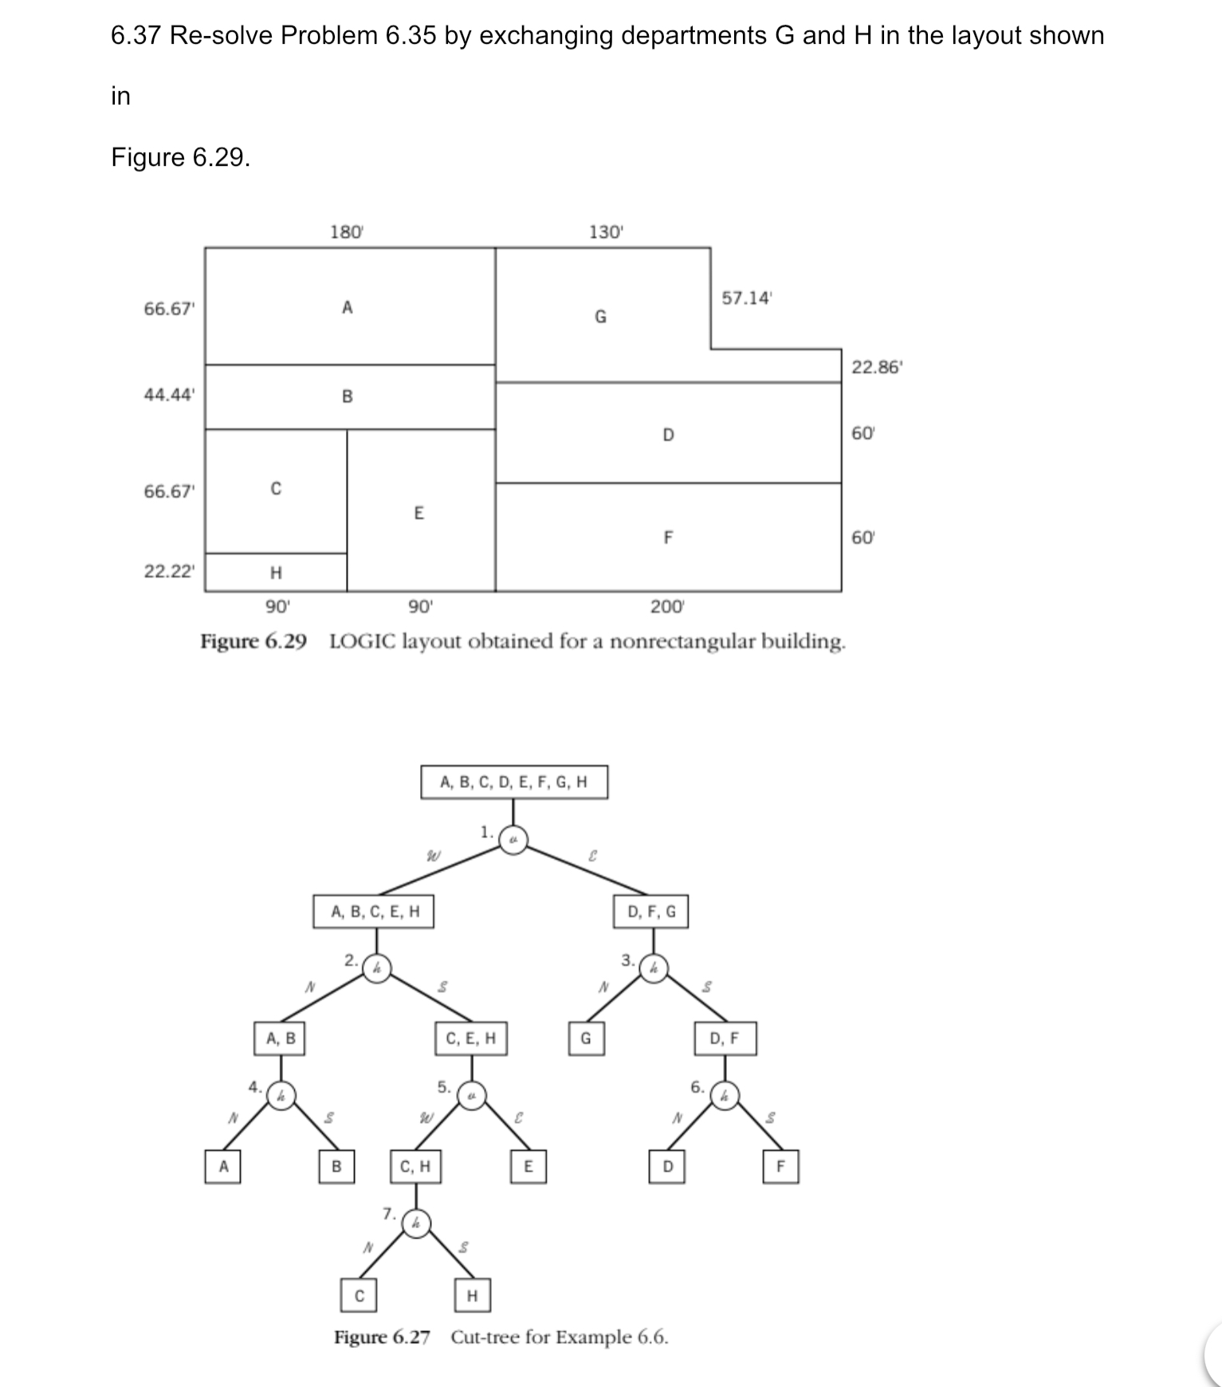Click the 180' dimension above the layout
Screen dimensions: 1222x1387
(347, 232)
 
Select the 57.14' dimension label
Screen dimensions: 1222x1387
(747, 298)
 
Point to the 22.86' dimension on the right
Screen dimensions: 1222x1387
(877, 368)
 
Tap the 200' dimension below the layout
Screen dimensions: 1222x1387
(667, 607)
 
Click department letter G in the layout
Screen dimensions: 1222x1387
(601, 317)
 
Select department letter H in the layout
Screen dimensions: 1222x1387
(276, 572)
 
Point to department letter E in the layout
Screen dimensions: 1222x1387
(418, 513)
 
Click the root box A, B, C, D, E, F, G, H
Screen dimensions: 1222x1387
(514, 782)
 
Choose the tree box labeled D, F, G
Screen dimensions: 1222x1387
(651, 912)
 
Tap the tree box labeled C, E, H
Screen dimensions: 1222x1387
(471, 1038)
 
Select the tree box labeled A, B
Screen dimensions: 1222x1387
(281, 1038)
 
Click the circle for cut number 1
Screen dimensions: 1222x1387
(514, 839)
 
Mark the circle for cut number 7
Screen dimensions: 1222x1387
(415, 1223)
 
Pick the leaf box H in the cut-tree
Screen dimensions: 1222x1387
(472, 1295)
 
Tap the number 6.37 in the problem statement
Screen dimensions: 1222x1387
(136, 35)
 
